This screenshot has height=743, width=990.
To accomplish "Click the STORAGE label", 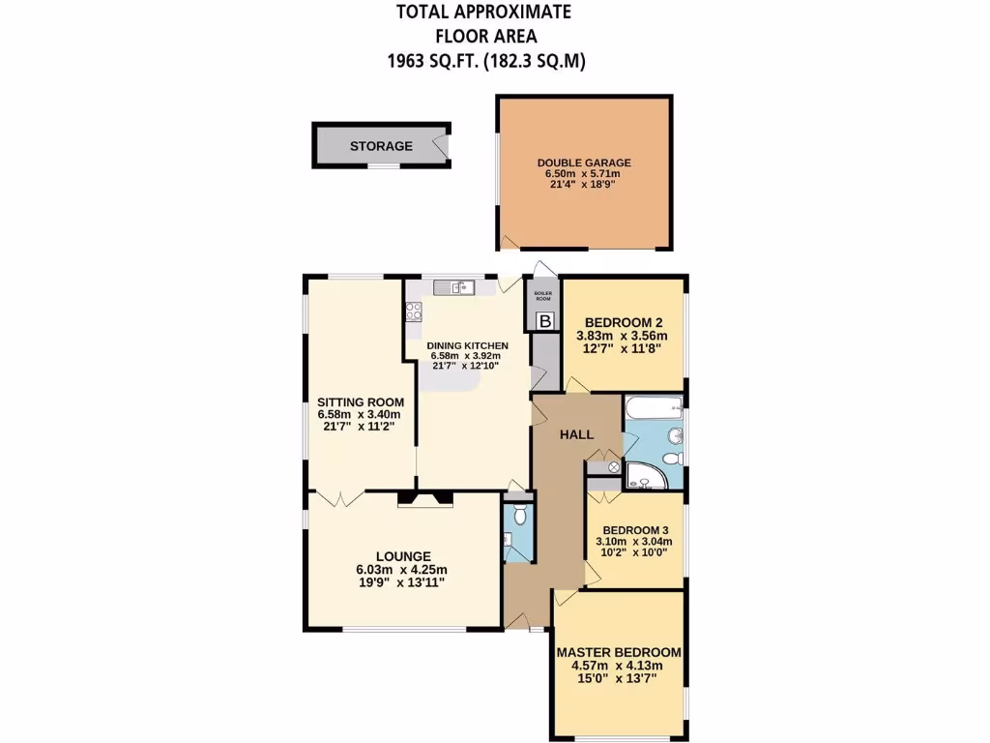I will coord(381,146).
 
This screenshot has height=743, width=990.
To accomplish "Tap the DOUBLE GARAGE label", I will coord(584,163).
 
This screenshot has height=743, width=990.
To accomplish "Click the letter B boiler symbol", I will coord(544,320).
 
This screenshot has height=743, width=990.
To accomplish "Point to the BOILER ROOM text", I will coord(543,297).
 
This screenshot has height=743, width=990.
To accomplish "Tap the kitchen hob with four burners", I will coord(414,312).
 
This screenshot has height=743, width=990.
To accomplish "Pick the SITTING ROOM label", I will coord(361,402).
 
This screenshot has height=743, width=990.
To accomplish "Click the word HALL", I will coord(577,434).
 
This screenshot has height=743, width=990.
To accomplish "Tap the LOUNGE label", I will coord(403,556).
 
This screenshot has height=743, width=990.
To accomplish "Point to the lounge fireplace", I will coord(425,499).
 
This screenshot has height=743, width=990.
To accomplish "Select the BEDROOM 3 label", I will coord(635,530).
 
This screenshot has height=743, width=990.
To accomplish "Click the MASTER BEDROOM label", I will coord(619,652).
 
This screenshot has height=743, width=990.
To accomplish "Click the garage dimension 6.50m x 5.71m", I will coord(583,174).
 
